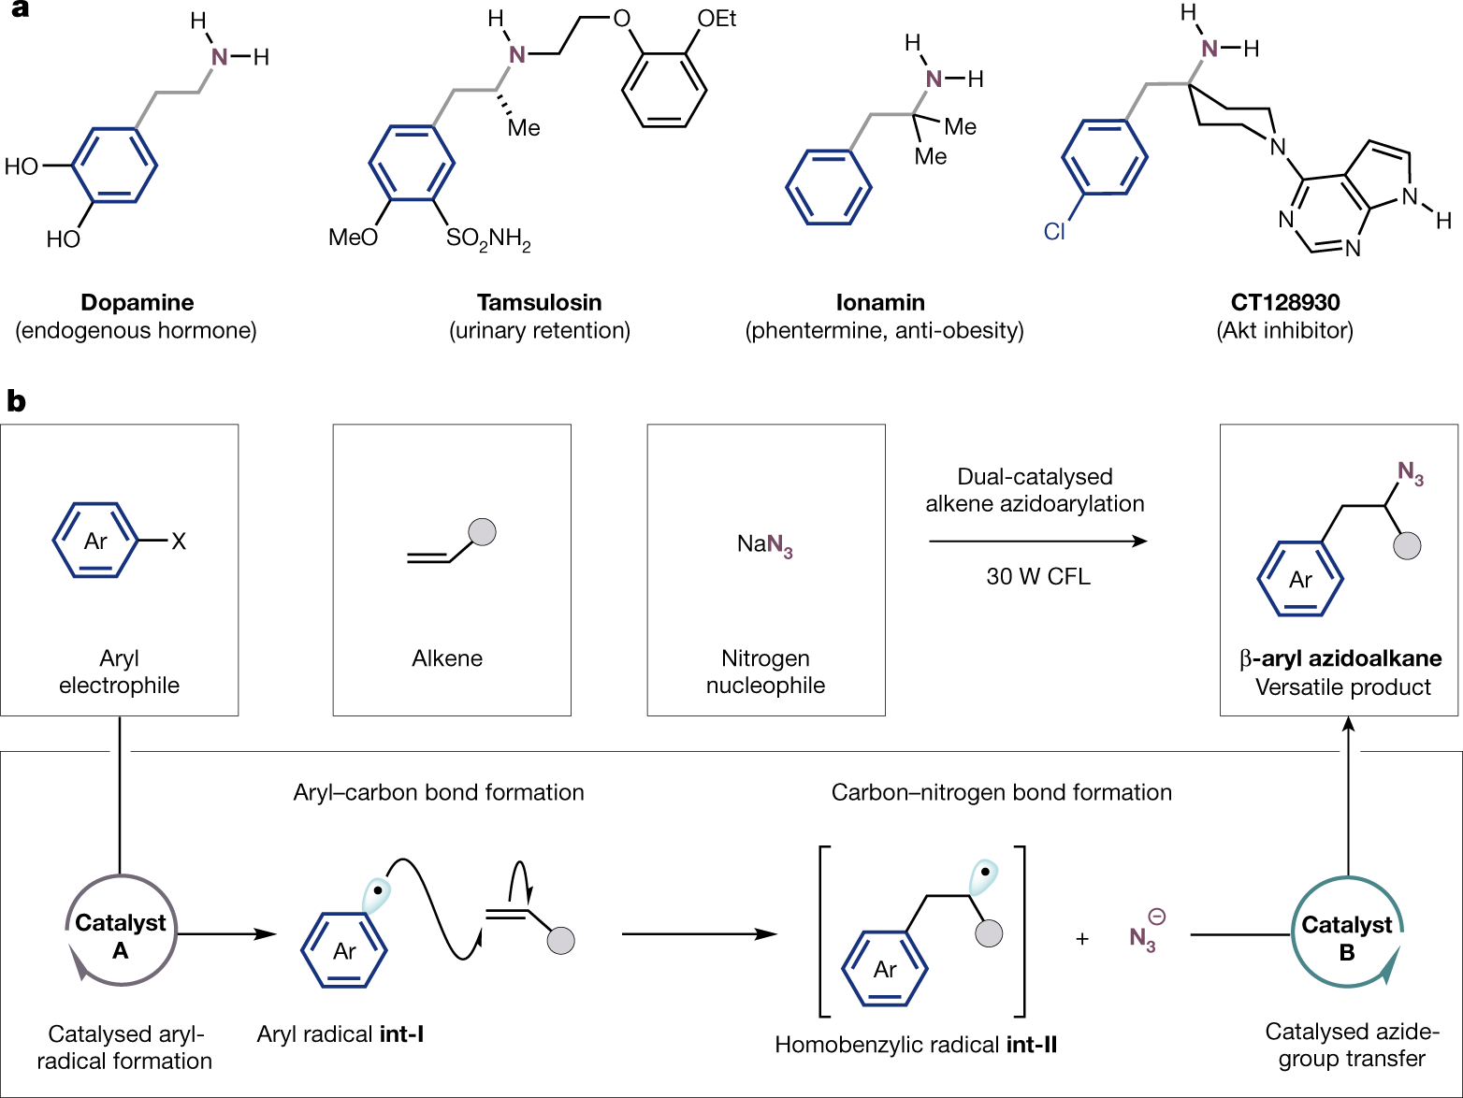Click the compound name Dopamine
138,302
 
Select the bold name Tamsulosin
539,302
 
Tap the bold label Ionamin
880,302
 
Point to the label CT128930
1284,302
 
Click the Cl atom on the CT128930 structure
1054,231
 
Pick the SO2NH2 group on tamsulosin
487,239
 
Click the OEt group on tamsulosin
717,19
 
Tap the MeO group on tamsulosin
353,238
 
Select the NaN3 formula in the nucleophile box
765,544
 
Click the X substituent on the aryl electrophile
179,541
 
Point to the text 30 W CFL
1037,576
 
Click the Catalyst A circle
121,932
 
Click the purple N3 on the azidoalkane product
1411,473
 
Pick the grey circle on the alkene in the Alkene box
482,531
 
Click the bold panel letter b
16,401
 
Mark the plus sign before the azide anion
1082,938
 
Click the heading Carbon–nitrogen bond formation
1001,792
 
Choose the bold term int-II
1032,1045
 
